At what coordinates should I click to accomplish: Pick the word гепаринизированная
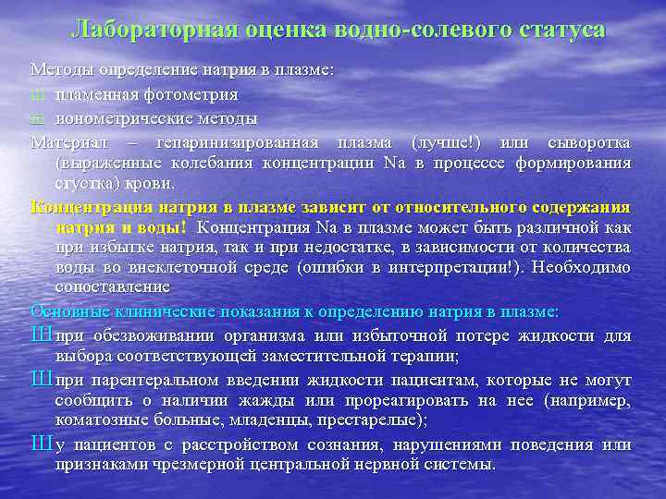point(237,143)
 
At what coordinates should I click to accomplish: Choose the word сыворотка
point(589,143)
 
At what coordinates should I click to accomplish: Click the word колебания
point(215,164)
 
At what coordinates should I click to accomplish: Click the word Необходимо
point(582,268)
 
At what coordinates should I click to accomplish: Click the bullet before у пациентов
point(41,444)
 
